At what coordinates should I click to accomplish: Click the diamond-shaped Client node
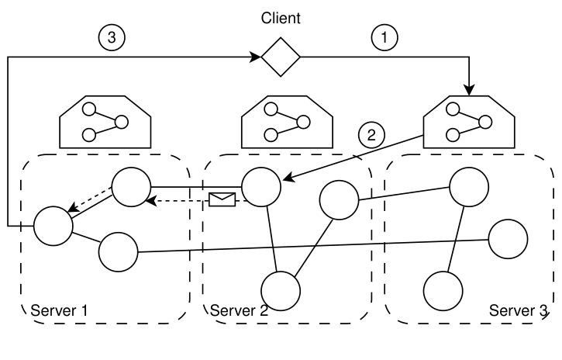(x=280, y=57)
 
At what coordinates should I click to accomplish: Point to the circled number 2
(x=371, y=134)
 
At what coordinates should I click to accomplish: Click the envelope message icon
(x=222, y=199)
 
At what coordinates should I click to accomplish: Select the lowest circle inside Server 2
(x=280, y=290)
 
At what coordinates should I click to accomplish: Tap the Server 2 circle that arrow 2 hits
(x=260, y=187)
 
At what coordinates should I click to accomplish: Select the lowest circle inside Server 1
(x=117, y=251)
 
